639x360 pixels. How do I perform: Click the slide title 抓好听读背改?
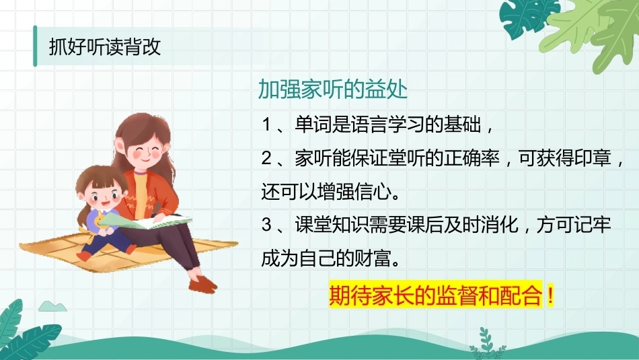tap(105, 47)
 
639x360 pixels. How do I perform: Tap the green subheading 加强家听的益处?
tap(332, 89)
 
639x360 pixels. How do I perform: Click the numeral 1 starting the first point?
tap(266, 124)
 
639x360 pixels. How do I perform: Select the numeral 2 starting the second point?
tap(266, 157)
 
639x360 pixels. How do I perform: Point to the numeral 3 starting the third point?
tap(266, 225)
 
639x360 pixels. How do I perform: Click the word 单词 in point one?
tap(313, 124)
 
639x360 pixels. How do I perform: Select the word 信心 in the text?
tap(373, 191)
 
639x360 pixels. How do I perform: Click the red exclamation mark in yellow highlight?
tap(551, 295)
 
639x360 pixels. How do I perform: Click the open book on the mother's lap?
tap(145, 221)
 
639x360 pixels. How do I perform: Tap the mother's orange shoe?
tap(202, 284)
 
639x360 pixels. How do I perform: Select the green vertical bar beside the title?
tap(35, 46)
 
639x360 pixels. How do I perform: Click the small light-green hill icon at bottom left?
tap(52, 306)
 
